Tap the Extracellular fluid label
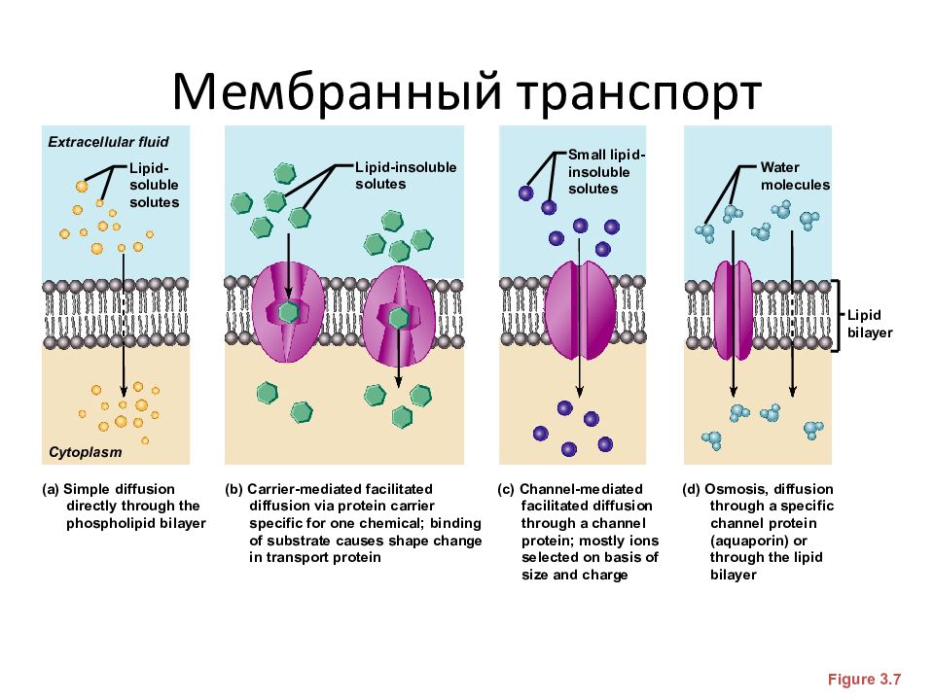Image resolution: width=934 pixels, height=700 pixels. (x=108, y=142)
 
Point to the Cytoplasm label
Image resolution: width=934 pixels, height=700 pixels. (x=86, y=452)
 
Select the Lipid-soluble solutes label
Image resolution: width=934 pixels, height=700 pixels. (x=154, y=185)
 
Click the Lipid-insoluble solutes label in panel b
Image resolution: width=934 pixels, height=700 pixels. (x=406, y=176)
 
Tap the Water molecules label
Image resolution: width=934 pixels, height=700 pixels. (x=795, y=176)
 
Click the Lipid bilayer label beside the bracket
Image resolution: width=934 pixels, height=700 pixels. (x=870, y=323)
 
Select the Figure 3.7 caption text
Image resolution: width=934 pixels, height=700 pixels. (x=864, y=680)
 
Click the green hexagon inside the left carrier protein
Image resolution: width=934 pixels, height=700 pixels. (x=288, y=311)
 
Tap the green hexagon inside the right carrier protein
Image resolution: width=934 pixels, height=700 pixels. (x=399, y=317)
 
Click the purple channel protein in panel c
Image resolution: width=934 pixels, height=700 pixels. (x=580, y=309)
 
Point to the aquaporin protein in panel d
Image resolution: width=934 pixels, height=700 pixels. (x=734, y=310)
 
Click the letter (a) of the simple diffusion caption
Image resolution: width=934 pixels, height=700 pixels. (x=51, y=489)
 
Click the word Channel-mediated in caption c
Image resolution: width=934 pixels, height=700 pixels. (x=581, y=489)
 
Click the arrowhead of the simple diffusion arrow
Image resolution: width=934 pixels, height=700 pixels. (x=124, y=391)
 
